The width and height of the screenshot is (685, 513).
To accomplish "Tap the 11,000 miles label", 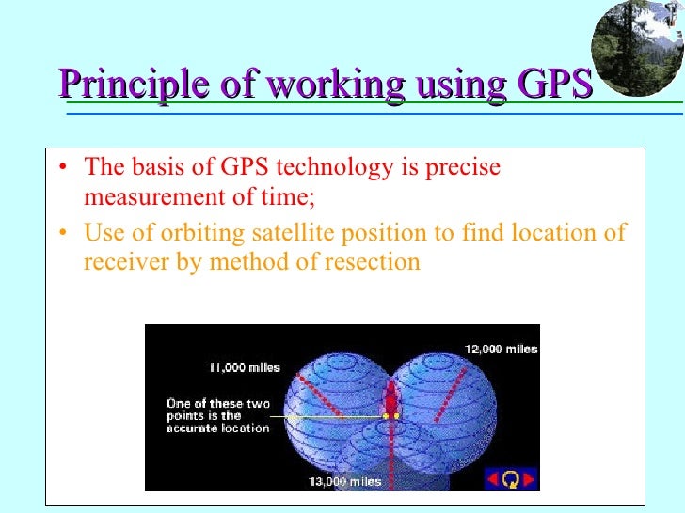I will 244,366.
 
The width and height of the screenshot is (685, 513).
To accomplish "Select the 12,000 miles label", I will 501,349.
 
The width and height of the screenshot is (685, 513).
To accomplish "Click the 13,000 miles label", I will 345,482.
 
